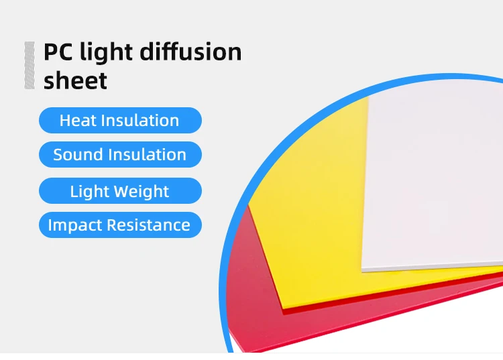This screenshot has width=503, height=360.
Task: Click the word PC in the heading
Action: (x=58, y=52)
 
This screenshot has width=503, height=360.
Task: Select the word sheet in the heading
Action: (x=75, y=81)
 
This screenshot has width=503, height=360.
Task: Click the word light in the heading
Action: (x=107, y=52)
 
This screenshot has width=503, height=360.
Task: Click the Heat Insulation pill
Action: (x=120, y=121)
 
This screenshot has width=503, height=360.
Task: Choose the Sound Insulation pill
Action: (x=120, y=155)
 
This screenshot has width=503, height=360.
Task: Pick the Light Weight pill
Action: (x=120, y=192)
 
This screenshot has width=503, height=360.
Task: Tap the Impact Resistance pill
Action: (x=120, y=225)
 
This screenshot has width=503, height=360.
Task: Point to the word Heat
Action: (x=77, y=121)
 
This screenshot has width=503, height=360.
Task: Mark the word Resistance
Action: (x=152, y=225)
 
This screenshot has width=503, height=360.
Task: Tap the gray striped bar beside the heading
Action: (x=30, y=65)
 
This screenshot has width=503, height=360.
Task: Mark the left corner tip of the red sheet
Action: (x=249, y=205)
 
